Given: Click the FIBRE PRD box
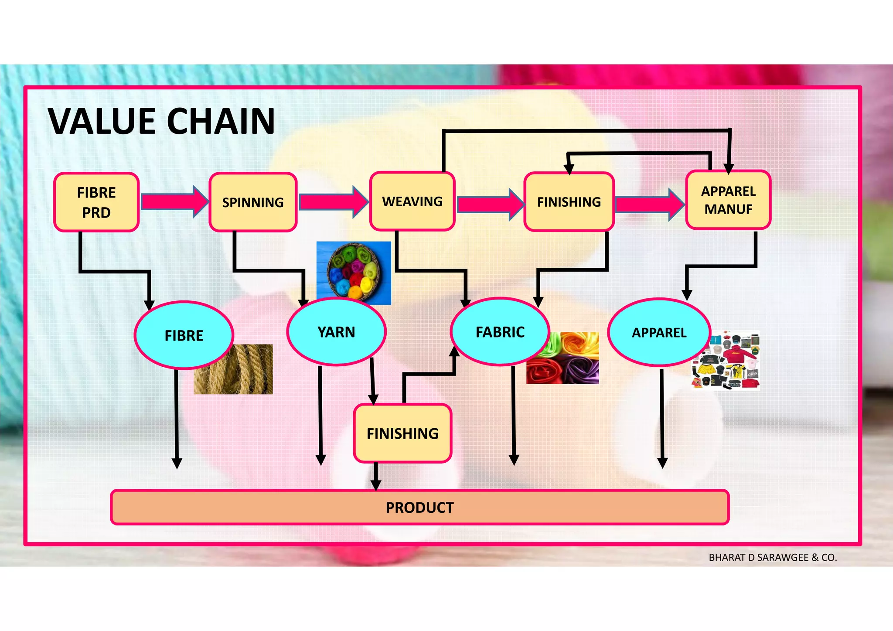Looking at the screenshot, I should pyautogui.click(x=96, y=202).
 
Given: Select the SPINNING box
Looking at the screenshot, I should pyautogui.click(x=253, y=202).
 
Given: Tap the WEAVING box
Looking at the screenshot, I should pyautogui.click(x=412, y=201).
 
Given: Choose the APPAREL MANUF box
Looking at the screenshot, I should pyautogui.click(x=728, y=200).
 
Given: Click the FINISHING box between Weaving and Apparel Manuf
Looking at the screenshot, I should pyautogui.click(x=569, y=202).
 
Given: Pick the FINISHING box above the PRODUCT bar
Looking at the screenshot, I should pyautogui.click(x=402, y=433).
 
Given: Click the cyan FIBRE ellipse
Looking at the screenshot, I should pyautogui.click(x=184, y=335).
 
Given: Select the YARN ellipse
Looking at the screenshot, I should pyautogui.click(x=336, y=332).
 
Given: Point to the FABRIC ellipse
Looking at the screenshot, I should pyautogui.click(x=500, y=332).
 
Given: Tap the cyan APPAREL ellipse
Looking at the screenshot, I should pyautogui.click(x=659, y=333).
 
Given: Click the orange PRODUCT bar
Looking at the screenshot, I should pyautogui.click(x=419, y=508).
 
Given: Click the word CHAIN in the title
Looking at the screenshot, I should pyautogui.click(x=221, y=121).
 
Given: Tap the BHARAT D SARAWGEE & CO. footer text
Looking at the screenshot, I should pyautogui.click(x=773, y=557).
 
